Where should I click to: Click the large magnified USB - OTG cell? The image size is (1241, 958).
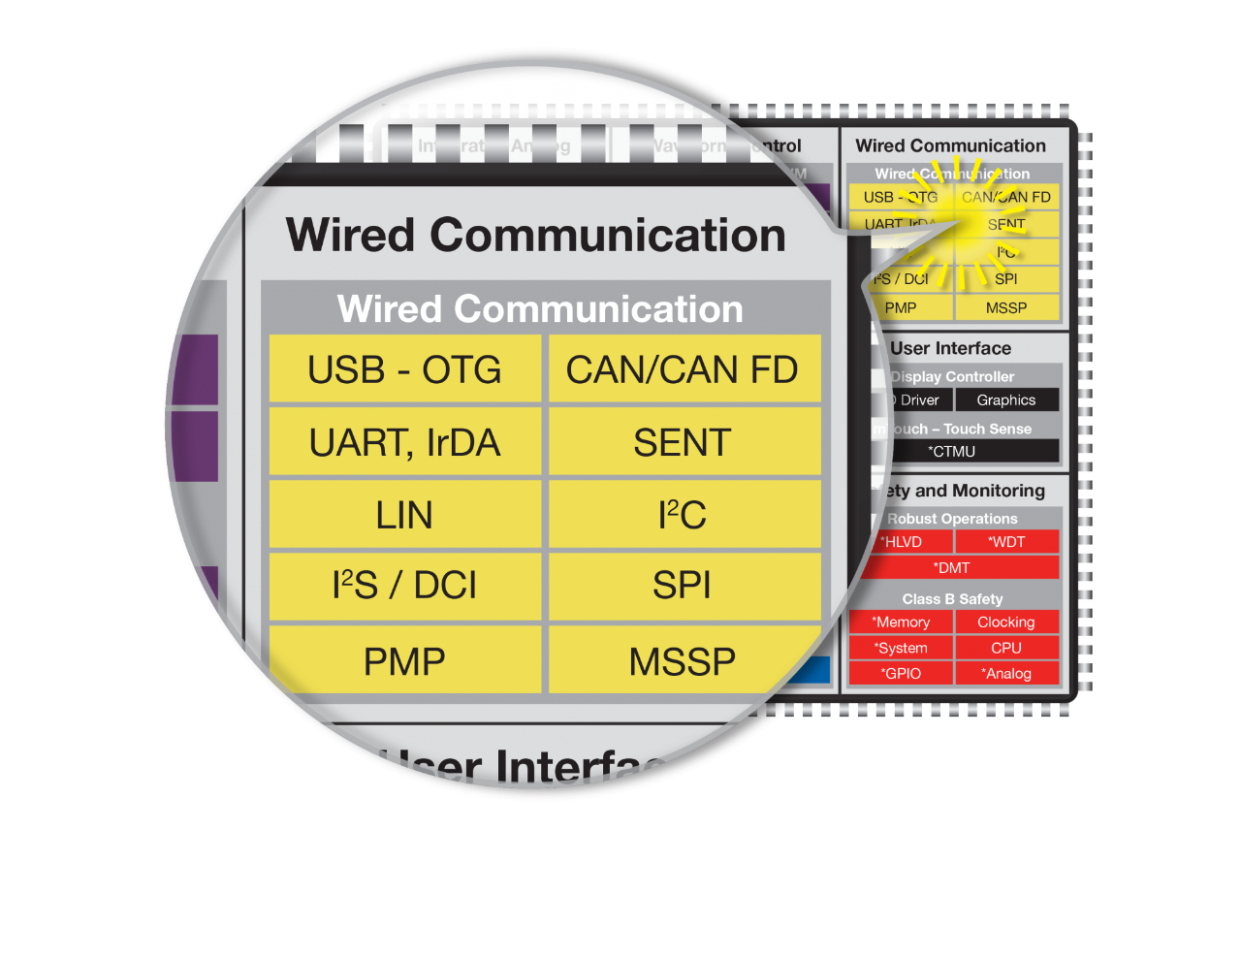click(x=404, y=369)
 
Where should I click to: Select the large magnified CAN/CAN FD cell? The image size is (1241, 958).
click(x=683, y=369)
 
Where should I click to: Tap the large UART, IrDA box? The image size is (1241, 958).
click(x=404, y=442)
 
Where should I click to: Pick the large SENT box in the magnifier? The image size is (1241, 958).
click(x=683, y=442)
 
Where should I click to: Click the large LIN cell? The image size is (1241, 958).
click(x=404, y=515)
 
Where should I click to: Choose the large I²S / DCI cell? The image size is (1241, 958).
click(x=404, y=586)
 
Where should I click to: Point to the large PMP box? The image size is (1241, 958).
click(x=404, y=661)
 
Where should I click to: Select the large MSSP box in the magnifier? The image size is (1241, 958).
click(x=683, y=661)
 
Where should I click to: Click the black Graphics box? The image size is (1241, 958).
click(x=1006, y=399)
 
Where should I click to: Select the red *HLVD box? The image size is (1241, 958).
click(x=902, y=542)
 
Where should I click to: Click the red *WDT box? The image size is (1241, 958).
click(x=1006, y=542)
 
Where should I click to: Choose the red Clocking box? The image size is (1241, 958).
click(x=1006, y=622)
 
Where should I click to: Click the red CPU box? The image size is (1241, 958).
click(x=1006, y=648)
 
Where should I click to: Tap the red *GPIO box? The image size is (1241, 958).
click(x=902, y=673)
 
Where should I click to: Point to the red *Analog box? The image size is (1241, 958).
click(x=1006, y=673)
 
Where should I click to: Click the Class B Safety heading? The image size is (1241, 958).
click(x=952, y=598)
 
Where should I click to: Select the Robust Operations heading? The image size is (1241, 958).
click(x=952, y=519)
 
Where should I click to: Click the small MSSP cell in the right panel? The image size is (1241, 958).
click(x=1006, y=307)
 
